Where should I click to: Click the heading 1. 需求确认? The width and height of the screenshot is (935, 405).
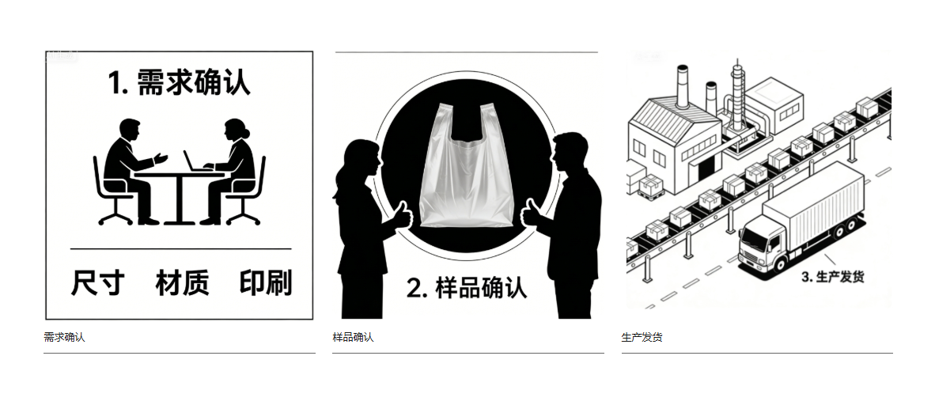pos(179,83)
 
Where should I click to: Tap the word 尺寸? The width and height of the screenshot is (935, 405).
pos(98,282)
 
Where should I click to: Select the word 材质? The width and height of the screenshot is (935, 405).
pos(182,282)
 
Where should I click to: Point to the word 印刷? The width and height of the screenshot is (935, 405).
pos(266,282)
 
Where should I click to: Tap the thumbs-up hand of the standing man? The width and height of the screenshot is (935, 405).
pos(532,212)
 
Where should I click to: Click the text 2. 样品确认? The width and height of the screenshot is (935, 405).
pos(467,287)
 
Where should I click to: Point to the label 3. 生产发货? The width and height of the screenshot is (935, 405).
pos(832,277)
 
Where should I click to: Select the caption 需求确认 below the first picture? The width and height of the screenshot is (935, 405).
pos(64,337)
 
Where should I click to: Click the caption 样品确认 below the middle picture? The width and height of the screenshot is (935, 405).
pos(353,337)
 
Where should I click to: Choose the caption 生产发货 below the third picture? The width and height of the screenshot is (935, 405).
pos(642,337)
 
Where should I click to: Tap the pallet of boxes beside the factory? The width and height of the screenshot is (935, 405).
pos(651,187)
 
